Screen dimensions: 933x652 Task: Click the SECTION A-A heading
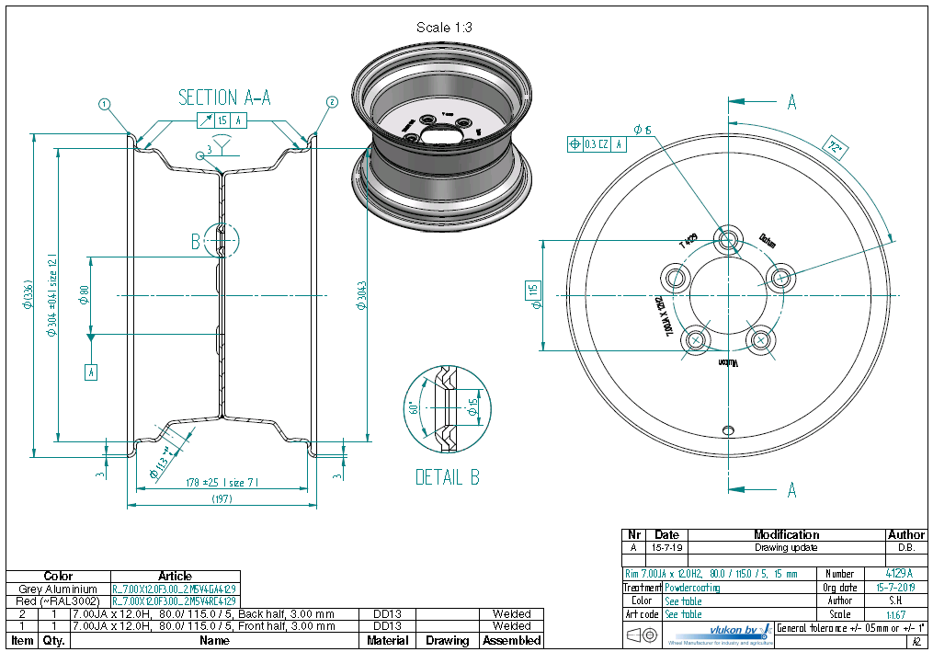[x=224, y=97]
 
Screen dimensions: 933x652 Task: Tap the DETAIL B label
[x=447, y=477]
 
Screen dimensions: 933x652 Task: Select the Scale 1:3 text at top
[x=444, y=28]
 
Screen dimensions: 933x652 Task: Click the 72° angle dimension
[x=835, y=147]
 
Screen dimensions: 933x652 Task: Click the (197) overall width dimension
[x=222, y=498]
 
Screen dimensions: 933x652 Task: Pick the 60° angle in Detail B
[x=415, y=407]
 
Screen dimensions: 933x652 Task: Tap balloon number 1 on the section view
[x=106, y=104]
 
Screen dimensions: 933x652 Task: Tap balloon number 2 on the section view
[x=332, y=102]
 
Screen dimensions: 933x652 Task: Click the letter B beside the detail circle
[x=195, y=242]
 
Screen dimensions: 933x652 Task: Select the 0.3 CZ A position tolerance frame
[x=598, y=143]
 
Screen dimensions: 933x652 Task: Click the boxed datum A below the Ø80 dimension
[x=90, y=372]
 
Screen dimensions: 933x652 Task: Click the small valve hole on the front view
[x=729, y=429]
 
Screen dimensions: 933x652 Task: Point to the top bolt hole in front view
[x=729, y=240]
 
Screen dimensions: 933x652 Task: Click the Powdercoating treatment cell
[x=692, y=587]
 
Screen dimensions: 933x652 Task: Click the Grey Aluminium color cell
[x=58, y=589]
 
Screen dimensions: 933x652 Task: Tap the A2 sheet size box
[x=916, y=642]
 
